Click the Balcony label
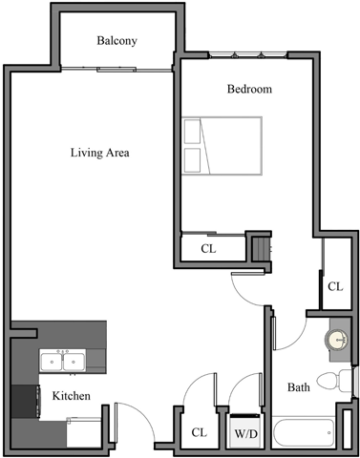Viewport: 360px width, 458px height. (117, 41)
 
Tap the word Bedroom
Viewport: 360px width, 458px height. (249, 90)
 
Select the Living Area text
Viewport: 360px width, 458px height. (99, 153)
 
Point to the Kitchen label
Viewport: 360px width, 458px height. (72, 395)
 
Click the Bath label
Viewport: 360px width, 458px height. (299, 387)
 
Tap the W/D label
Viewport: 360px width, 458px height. (246, 432)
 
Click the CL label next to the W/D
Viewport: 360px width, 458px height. (199, 432)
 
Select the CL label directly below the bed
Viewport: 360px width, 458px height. (208, 249)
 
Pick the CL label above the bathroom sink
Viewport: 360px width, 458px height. (334, 286)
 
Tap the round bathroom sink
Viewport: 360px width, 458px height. (336, 340)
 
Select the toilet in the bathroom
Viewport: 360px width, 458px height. (330, 383)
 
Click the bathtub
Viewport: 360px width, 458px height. (304, 432)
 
